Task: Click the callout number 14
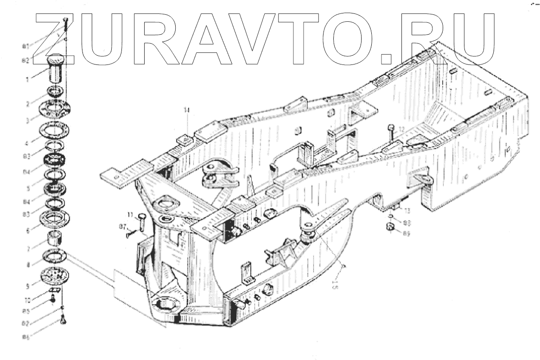coord(186,110)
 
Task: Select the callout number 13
coord(407,211)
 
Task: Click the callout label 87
coord(123,225)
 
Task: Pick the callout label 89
coord(406,234)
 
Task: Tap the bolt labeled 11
coord(141,222)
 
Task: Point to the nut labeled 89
coord(390,227)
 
